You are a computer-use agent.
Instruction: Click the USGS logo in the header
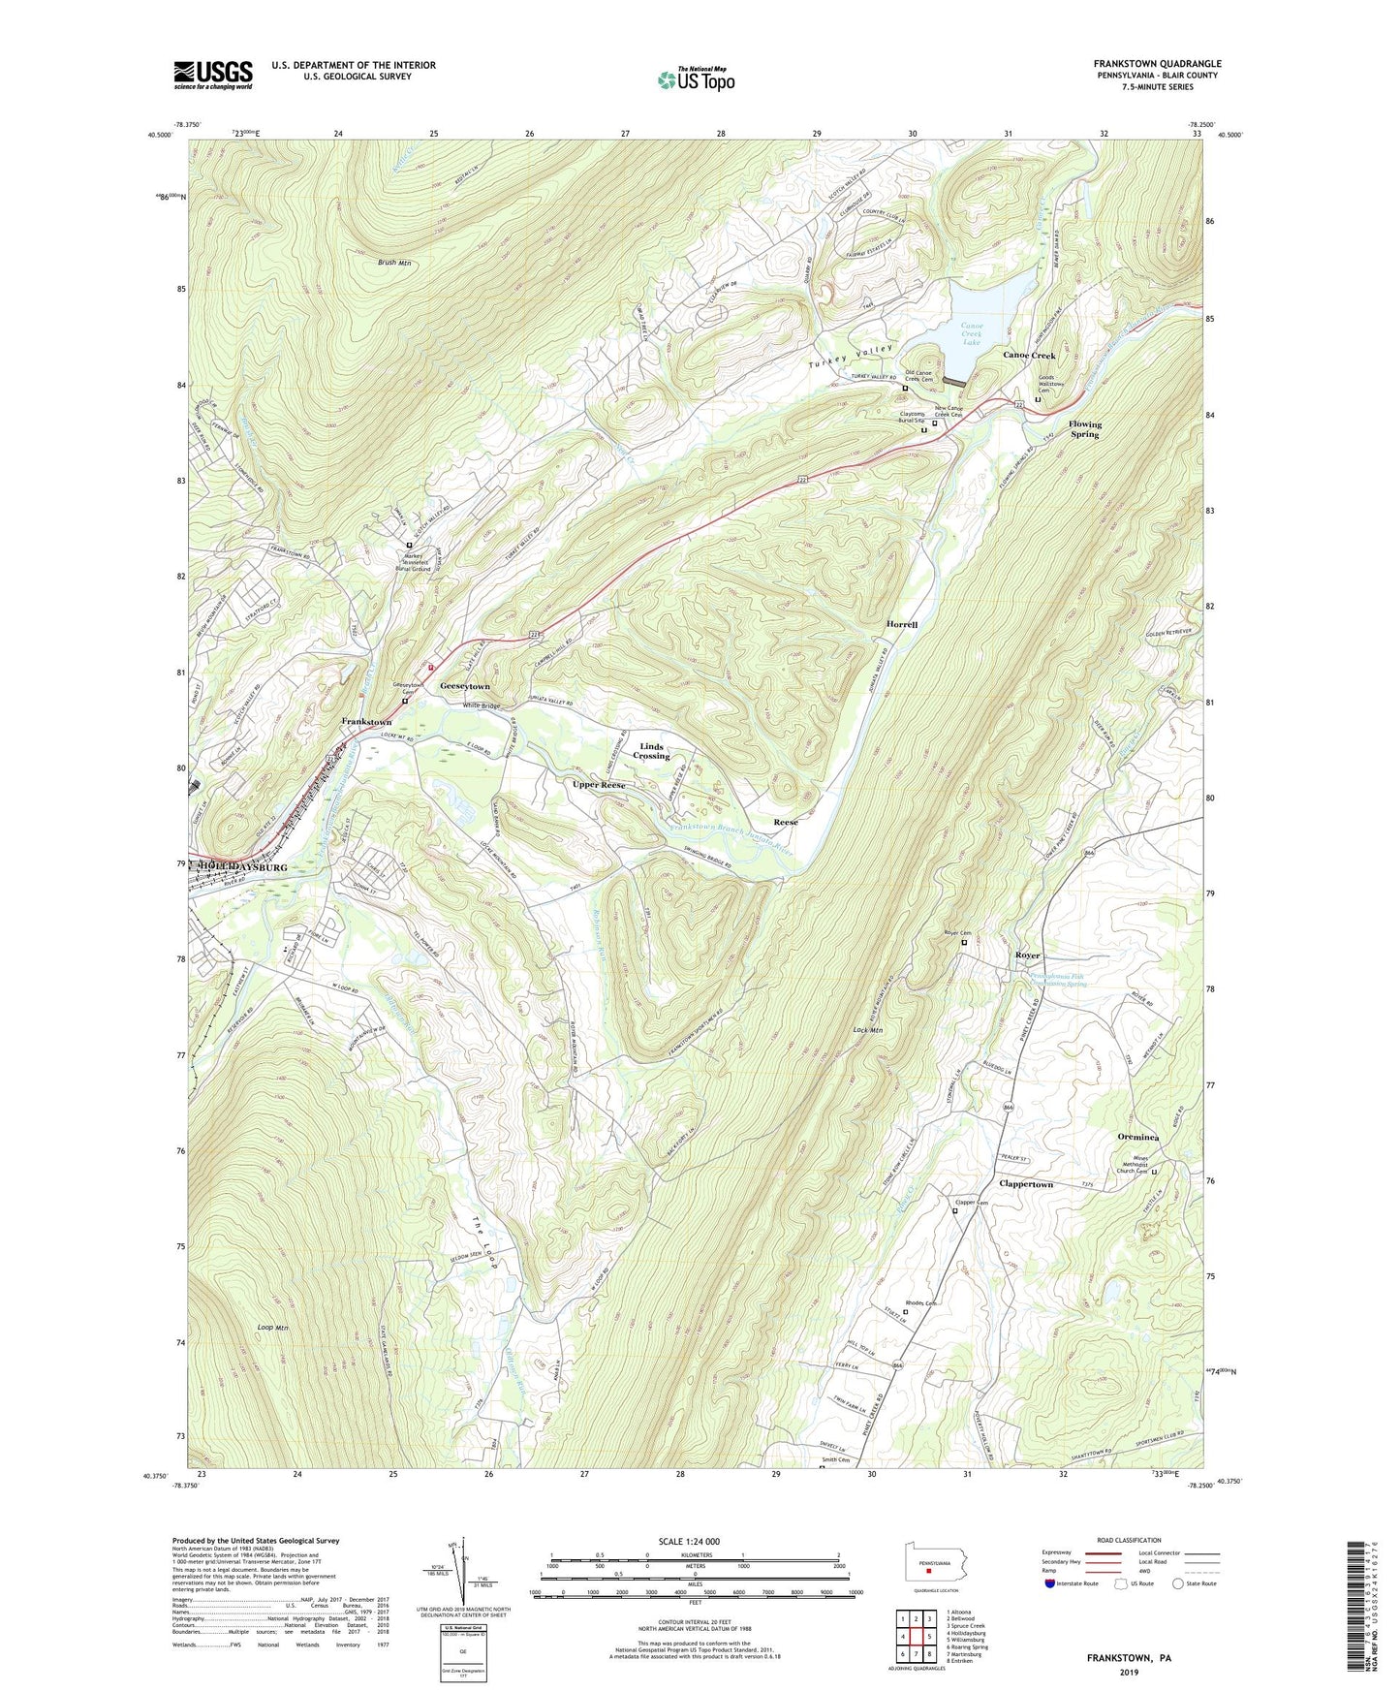click(213, 74)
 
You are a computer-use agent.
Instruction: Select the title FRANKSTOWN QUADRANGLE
click(1155, 64)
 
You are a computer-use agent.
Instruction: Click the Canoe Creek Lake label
click(972, 334)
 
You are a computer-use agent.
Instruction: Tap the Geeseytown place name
click(465, 686)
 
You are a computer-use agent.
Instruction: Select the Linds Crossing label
click(651, 751)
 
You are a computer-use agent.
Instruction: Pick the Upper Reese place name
click(599, 784)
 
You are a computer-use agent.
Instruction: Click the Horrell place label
click(901, 625)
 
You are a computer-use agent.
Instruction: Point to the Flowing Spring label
click(1085, 429)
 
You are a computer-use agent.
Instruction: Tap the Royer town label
click(1027, 956)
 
